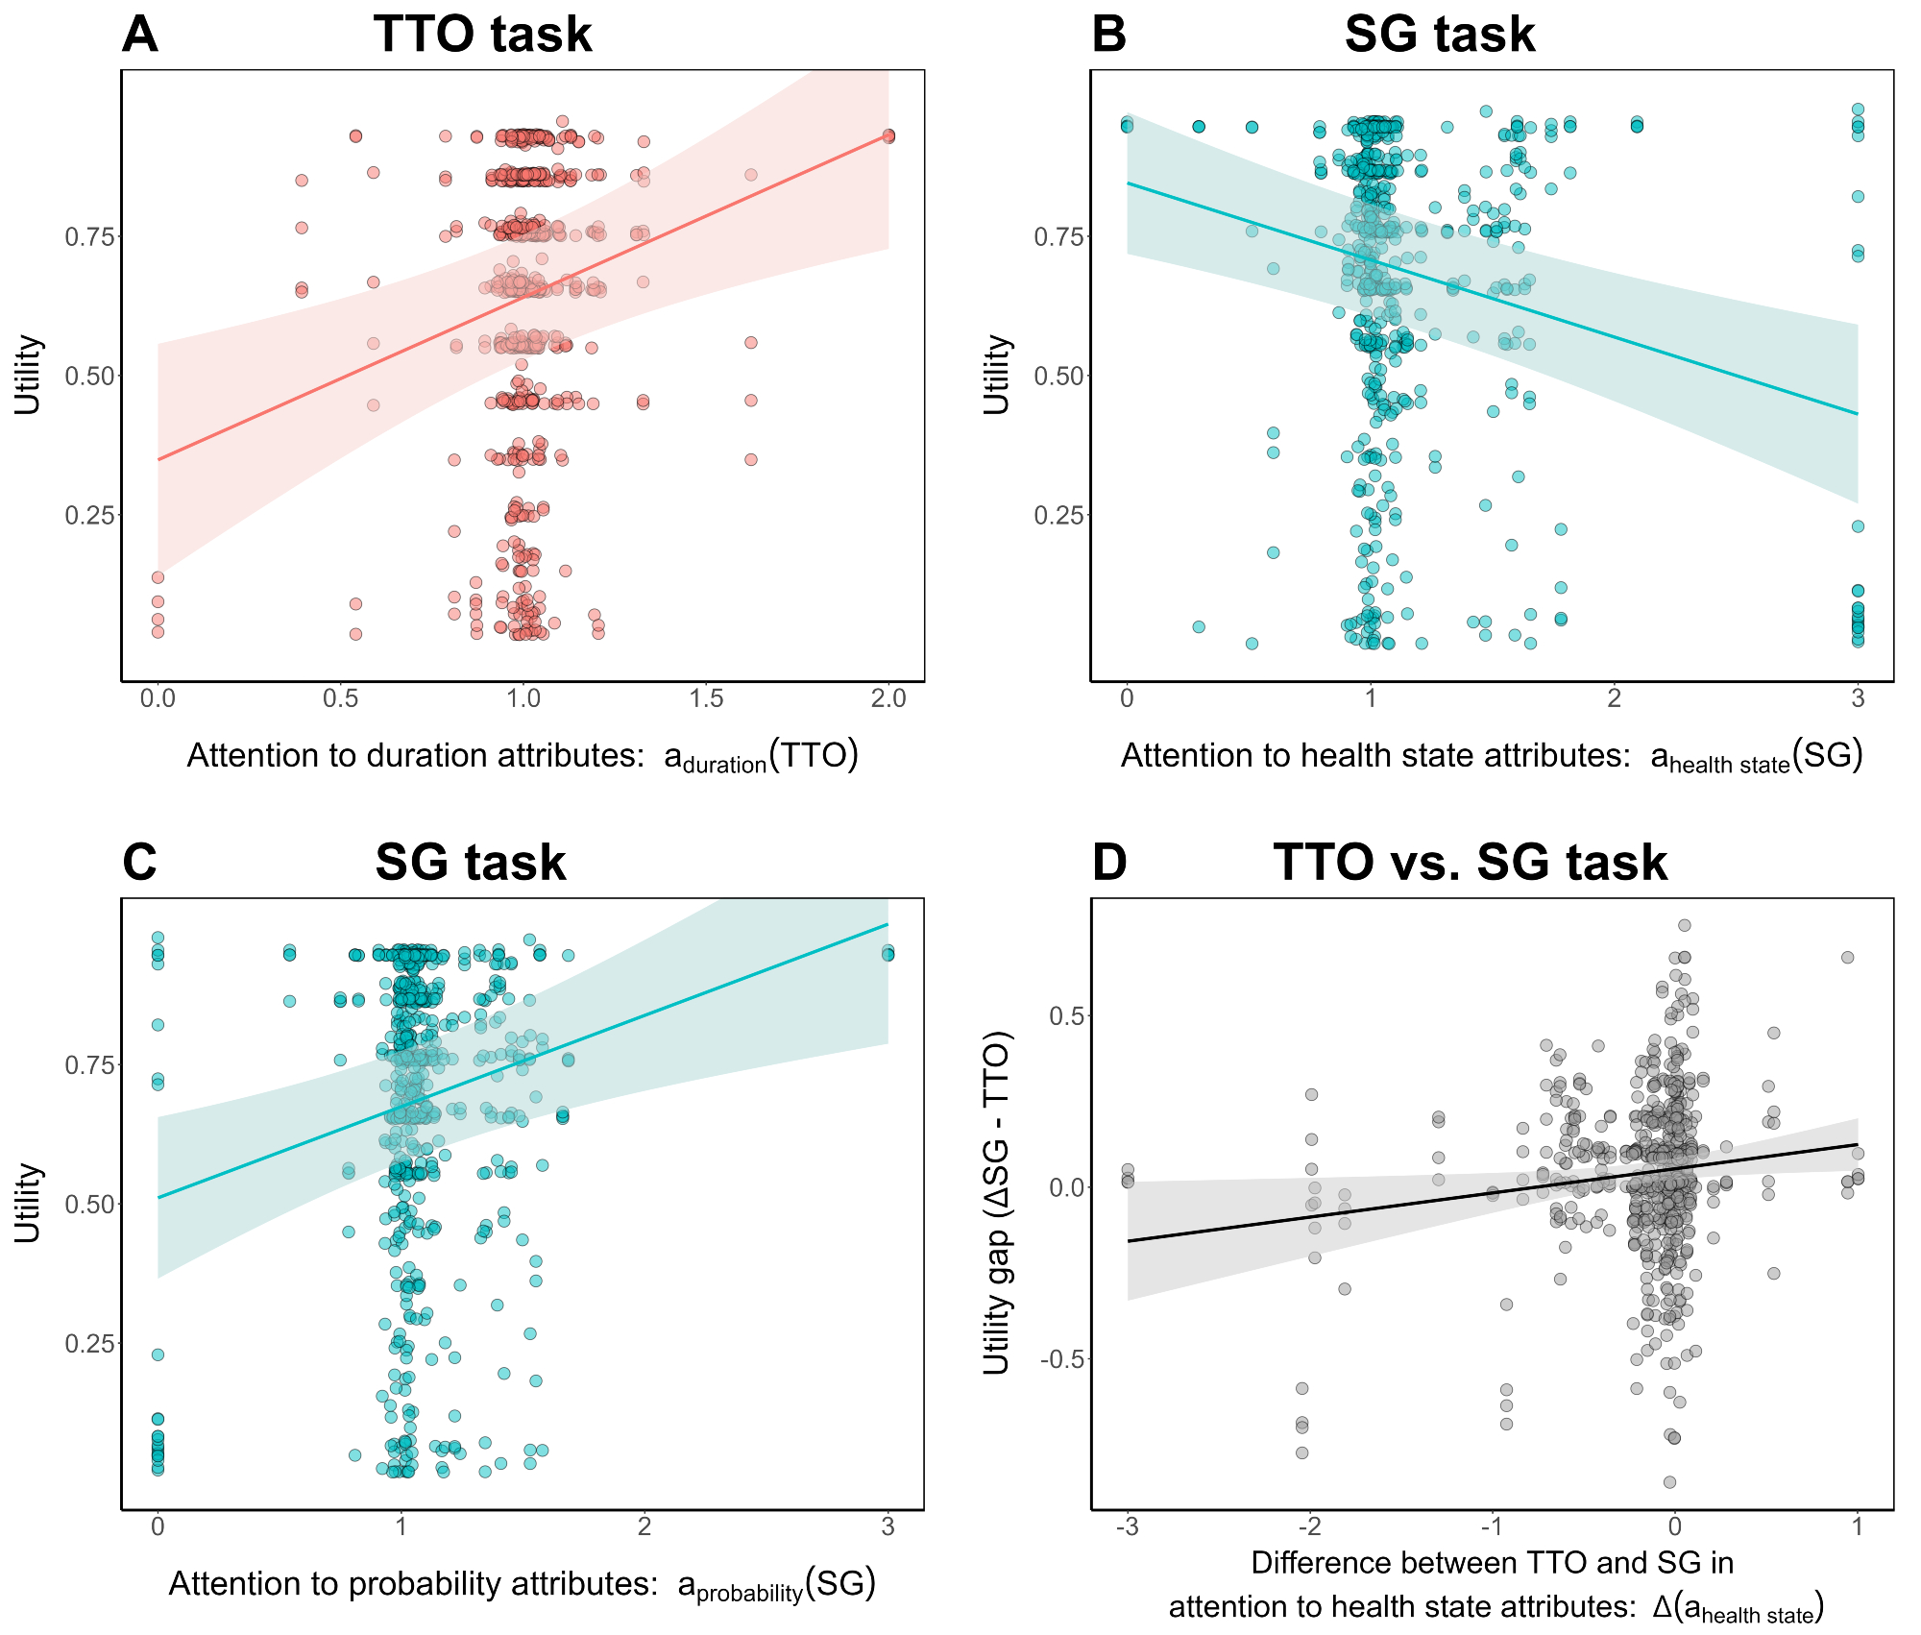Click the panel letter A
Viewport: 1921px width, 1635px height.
[140, 36]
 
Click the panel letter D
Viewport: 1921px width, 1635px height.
[1109, 863]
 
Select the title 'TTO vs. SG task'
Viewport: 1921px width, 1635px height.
[1470, 863]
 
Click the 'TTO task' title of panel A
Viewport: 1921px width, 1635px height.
[482, 36]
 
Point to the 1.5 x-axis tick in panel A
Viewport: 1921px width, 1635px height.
[706, 698]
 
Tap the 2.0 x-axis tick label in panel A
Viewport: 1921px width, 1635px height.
[888, 698]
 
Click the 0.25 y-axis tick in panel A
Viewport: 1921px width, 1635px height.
[89, 515]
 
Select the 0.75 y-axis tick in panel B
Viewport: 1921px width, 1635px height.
[1058, 236]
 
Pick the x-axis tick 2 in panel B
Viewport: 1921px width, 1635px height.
[1615, 698]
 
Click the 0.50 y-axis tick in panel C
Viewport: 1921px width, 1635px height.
[89, 1204]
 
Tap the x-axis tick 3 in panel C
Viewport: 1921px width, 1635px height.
[888, 1526]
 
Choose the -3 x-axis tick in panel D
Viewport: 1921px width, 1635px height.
[1128, 1526]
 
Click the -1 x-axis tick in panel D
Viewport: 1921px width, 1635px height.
[1492, 1526]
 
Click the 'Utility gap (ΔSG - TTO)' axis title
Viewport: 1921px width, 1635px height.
[997, 1203]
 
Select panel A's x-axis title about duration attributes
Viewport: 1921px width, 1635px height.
[523, 757]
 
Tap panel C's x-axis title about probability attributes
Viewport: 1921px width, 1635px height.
[523, 1585]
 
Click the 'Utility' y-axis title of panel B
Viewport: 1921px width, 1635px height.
[997, 375]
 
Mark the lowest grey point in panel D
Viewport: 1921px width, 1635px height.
[1669, 1482]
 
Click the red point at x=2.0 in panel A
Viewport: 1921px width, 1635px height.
[888, 136]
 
